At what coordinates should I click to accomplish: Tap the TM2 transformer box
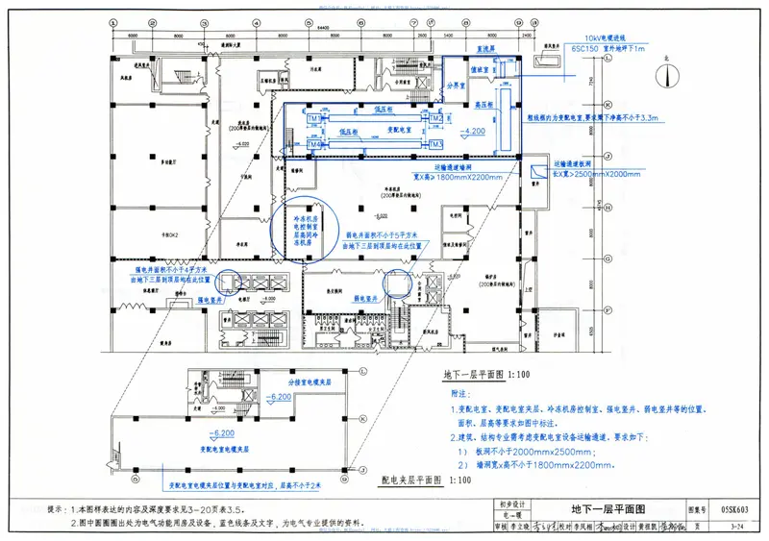tap(435, 119)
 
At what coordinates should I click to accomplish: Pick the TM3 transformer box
tap(435, 144)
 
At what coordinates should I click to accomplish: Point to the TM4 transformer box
tap(313, 144)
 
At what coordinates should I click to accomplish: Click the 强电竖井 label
tap(211, 301)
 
